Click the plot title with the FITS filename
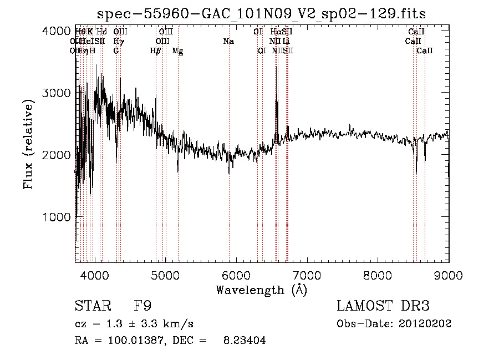261,13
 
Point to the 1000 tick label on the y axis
56,217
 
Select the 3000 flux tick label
56,93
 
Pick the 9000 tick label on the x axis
448,274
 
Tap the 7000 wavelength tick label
307,274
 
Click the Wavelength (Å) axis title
261,290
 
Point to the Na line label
228,41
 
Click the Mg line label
177,50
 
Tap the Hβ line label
156,50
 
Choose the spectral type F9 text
142,306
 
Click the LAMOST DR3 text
383,306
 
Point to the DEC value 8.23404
245,341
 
